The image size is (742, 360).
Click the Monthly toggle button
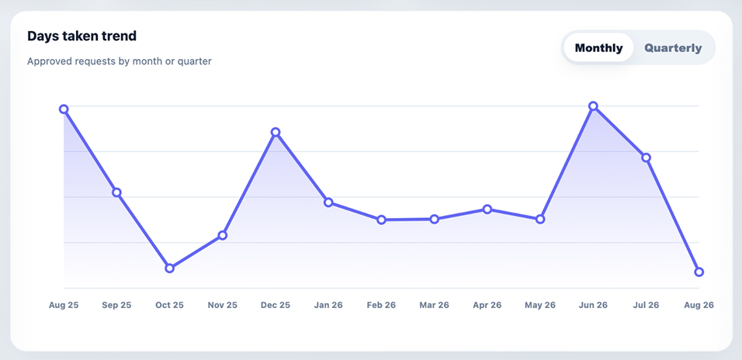pos(598,48)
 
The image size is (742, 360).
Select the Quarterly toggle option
pos(674,48)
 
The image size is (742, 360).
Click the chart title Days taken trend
pos(81,36)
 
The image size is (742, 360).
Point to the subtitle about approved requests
pos(120,61)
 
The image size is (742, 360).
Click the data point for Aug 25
pos(64,109)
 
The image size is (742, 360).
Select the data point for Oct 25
pos(169,268)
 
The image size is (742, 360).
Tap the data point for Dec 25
pos(276,132)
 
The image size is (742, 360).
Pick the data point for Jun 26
pos(593,106)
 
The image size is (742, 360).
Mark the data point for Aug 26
pos(699,272)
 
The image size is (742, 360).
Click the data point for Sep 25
pos(116,192)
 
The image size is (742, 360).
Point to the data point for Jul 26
pos(646,157)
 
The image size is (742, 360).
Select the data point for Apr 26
pos(487,209)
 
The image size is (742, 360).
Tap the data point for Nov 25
pos(223,235)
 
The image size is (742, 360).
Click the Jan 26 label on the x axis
pos(328,305)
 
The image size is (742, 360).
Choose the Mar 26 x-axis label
pos(434,305)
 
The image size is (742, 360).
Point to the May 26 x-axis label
pos(540,305)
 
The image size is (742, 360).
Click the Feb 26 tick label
pos(381,305)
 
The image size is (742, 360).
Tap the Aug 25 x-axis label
pos(64,305)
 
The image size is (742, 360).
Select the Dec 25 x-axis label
pos(276,305)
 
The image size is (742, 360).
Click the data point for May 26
pos(540,220)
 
